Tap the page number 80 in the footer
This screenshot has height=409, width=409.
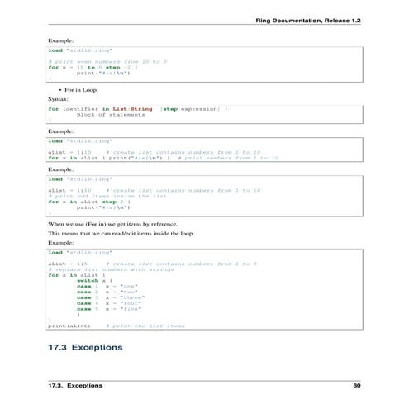(357, 385)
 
